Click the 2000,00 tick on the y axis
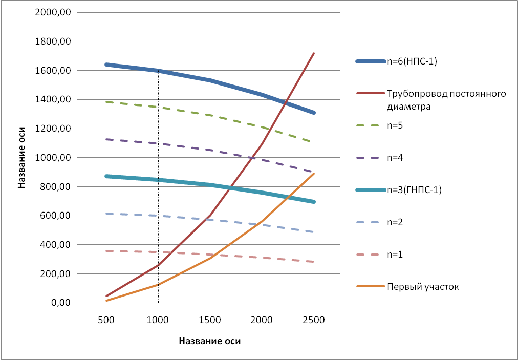tap(53, 12)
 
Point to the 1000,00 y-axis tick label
tap(53, 158)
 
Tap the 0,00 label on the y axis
tap(59, 303)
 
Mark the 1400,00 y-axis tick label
tap(53, 99)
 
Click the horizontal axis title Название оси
tap(209, 341)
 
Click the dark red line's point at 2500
tap(313, 53)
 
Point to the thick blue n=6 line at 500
tap(106, 65)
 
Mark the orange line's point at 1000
tap(158, 284)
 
